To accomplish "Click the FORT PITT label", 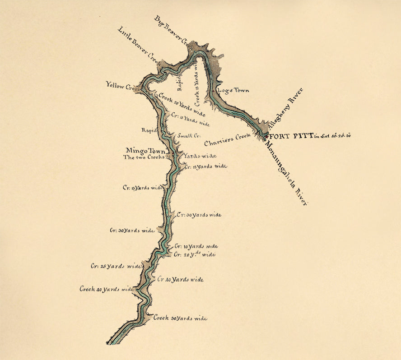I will [x=291, y=135].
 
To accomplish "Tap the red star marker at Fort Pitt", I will [x=267, y=135].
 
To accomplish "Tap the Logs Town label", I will [x=233, y=90].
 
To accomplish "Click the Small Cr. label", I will [x=189, y=135].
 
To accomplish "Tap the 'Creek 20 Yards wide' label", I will [x=182, y=104].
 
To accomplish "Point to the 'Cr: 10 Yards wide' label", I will [x=196, y=246].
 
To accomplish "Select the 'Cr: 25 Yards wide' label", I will [x=117, y=266].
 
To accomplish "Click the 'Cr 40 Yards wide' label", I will [x=180, y=279].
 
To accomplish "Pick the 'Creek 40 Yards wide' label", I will [x=107, y=289].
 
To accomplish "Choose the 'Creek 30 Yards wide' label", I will [x=180, y=318].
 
